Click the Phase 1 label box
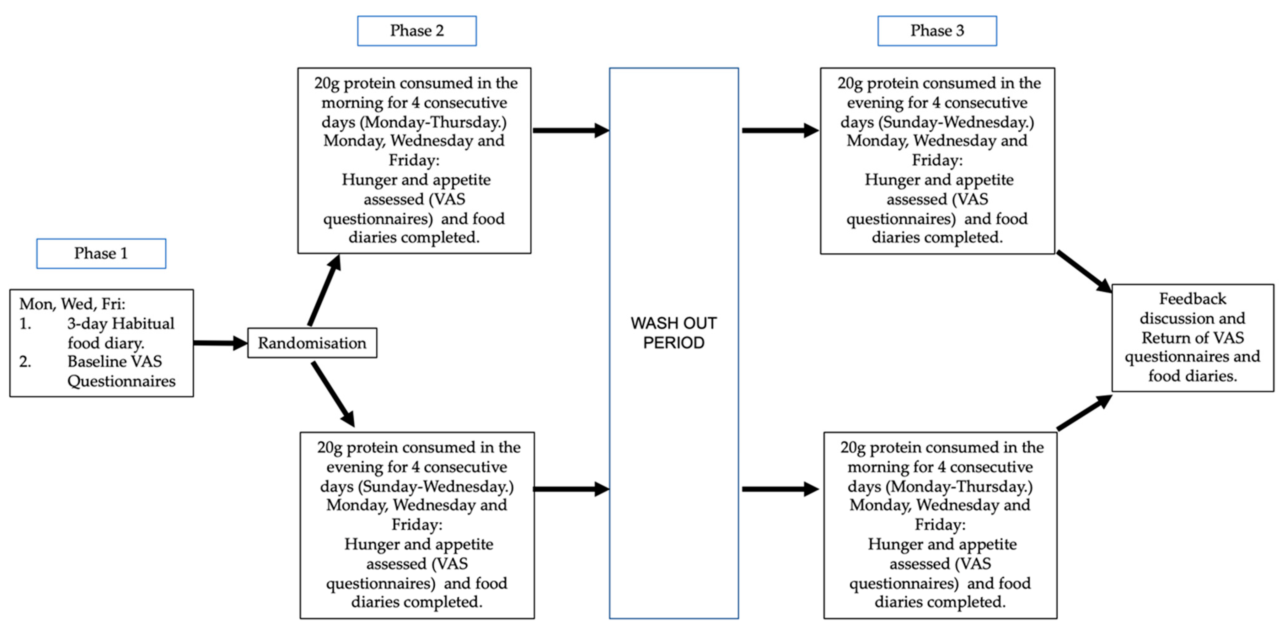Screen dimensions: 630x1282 click(x=101, y=253)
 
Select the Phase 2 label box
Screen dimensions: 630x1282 click(x=416, y=31)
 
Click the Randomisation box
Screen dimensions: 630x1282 click(x=312, y=343)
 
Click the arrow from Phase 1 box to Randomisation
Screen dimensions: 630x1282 click(x=219, y=343)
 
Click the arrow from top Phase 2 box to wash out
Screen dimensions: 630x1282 click(x=570, y=130)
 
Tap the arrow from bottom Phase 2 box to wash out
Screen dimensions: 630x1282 click(x=570, y=489)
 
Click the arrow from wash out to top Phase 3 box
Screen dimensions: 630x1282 click(x=779, y=130)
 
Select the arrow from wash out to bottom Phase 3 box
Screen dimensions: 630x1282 click(x=779, y=489)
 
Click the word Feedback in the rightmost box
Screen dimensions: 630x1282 click(x=1193, y=299)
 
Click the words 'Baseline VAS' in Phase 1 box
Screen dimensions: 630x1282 click(x=115, y=361)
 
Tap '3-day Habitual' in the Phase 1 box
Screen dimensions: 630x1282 click(x=121, y=323)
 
